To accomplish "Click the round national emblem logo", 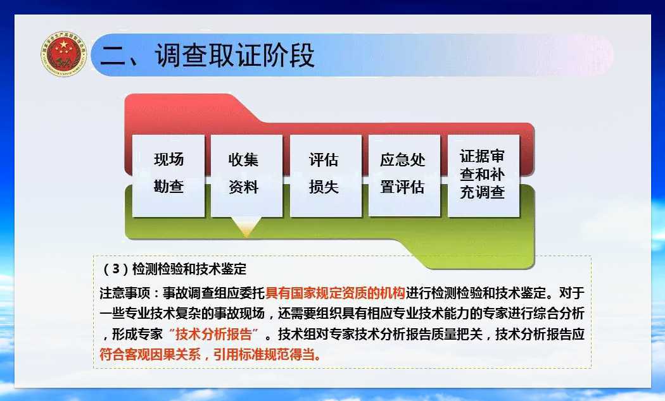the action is (64, 53).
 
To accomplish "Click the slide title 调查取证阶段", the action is (234, 55).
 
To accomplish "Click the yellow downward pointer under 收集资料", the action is (247, 226).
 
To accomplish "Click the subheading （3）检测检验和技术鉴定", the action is (175, 268).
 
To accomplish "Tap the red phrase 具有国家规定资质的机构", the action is (335, 293).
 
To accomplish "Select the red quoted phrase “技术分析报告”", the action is (213, 334).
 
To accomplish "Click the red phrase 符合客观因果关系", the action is (150, 354).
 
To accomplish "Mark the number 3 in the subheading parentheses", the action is (116, 268).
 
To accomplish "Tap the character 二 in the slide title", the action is (113, 56).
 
